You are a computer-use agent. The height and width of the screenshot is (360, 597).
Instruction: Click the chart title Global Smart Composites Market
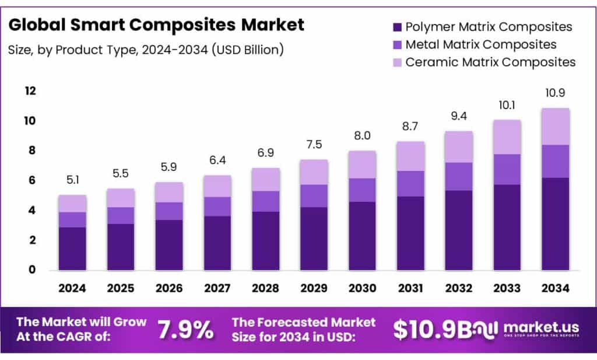tap(156, 25)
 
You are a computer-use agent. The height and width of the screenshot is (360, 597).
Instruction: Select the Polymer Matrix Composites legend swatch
tap(397, 27)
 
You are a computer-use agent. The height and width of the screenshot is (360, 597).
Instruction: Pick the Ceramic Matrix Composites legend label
tap(490, 62)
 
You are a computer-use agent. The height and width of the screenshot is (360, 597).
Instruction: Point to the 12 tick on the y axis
tap(30, 91)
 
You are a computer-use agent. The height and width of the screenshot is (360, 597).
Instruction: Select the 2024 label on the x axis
tap(72, 288)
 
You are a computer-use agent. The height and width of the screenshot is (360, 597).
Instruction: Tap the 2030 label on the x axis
tap(362, 288)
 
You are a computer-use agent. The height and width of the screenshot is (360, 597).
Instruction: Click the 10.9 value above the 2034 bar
tap(555, 93)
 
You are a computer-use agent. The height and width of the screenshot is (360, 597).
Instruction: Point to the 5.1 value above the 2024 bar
tap(72, 181)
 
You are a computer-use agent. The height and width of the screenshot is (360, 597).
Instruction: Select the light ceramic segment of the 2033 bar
tap(507, 137)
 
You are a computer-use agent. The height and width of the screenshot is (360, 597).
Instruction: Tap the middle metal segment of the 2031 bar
tap(410, 184)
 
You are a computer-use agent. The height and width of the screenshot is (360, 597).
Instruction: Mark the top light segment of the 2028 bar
tap(265, 179)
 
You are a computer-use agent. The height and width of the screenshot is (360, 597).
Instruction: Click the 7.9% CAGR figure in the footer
tap(185, 330)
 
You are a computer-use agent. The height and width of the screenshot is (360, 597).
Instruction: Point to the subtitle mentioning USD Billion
tap(146, 50)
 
